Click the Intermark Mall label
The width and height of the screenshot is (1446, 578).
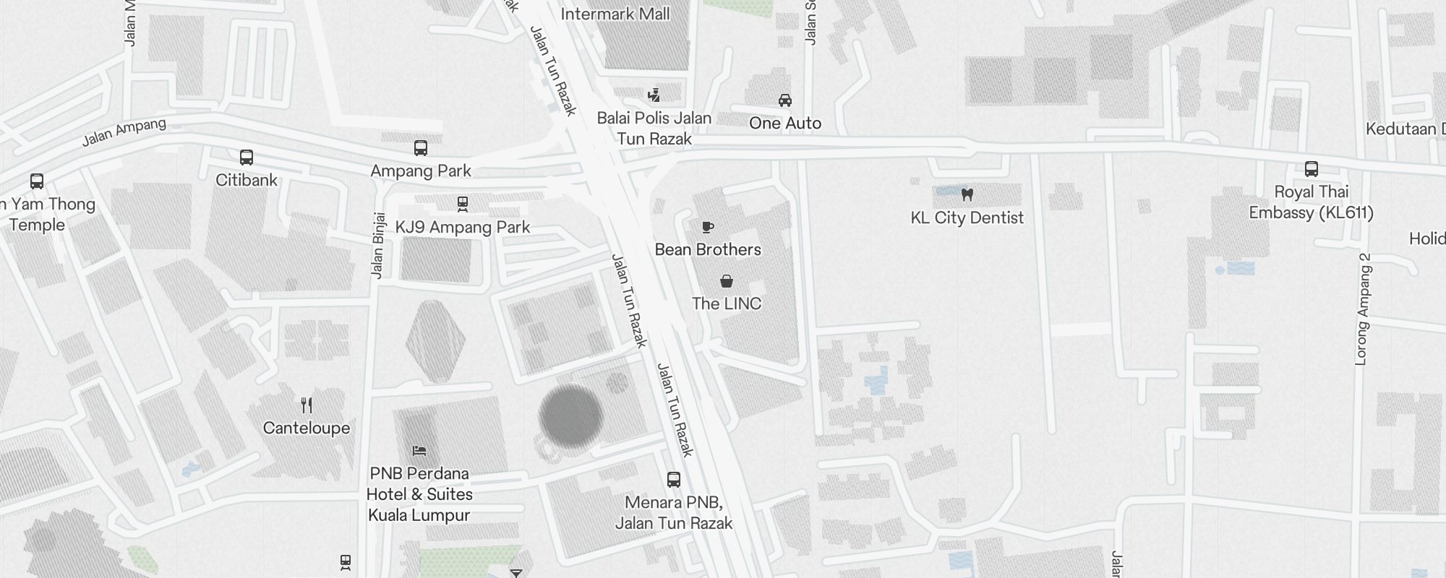(x=615, y=14)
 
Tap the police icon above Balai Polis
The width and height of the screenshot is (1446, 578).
(x=654, y=95)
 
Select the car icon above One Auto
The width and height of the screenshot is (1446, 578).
(x=785, y=100)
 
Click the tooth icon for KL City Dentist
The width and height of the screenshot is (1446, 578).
(x=967, y=194)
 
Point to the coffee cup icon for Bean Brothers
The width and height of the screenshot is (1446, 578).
(x=708, y=228)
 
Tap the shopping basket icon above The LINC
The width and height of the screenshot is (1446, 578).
(x=727, y=281)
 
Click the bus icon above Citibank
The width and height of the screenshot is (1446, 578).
(x=247, y=158)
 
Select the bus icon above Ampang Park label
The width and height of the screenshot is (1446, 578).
(x=421, y=148)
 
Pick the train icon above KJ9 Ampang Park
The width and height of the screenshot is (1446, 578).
(x=463, y=204)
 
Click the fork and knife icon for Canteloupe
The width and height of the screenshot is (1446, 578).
(x=307, y=405)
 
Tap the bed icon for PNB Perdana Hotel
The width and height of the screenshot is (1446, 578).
(x=419, y=451)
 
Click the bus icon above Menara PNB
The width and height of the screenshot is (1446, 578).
(x=673, y=480)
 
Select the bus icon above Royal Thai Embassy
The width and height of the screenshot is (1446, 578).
(x=1312, y=169)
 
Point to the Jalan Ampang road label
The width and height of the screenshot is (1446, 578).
(x=124, y=132)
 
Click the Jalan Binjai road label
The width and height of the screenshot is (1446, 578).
(x=377, y=245)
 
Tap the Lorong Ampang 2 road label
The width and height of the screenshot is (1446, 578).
(x=1362, y=309)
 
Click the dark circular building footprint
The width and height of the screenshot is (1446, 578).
(x=571, y=416)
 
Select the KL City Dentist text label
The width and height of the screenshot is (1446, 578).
(x=967, y=217)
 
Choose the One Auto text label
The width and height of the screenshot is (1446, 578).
(x=785, y=123)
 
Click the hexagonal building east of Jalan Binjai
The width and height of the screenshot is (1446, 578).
(x=436, y=341)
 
